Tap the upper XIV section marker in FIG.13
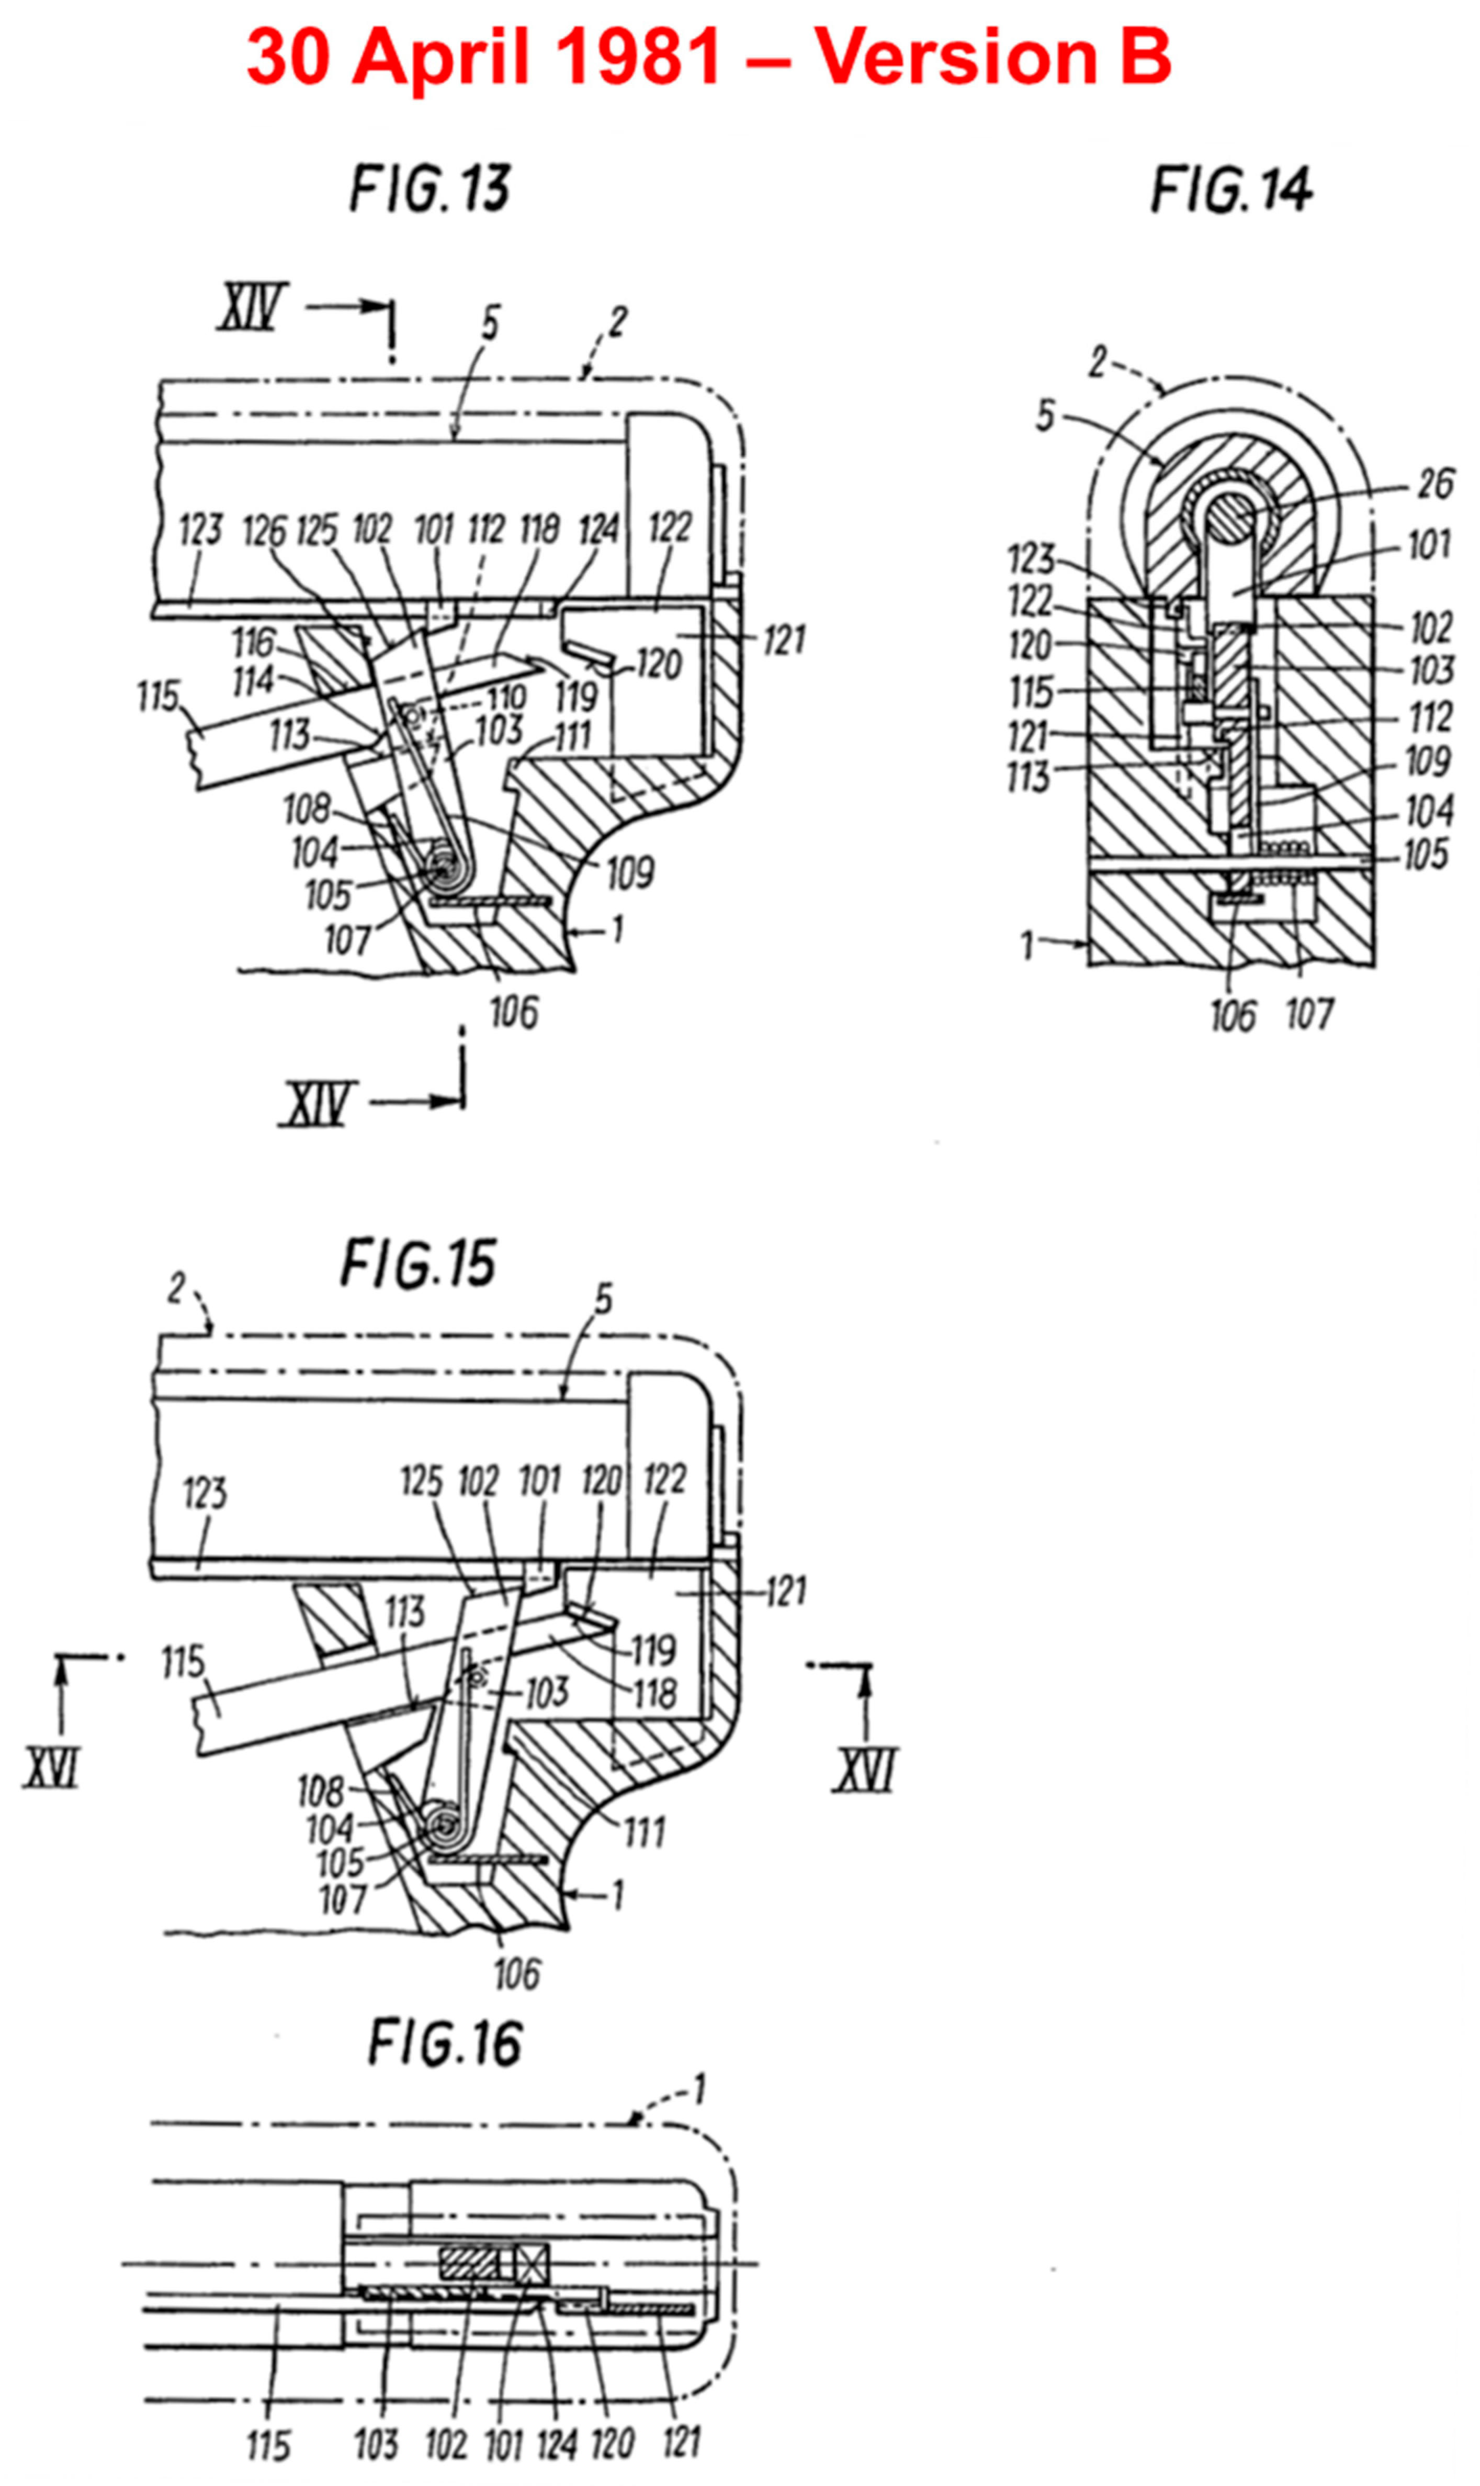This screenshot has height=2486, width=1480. click(252, 307)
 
